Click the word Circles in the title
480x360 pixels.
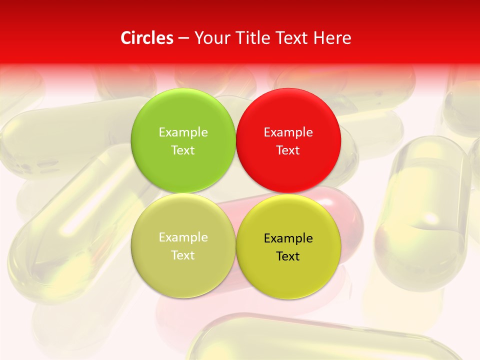click(146, 38)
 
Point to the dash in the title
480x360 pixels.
click(183, 38)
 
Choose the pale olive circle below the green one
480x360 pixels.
click(183, 272)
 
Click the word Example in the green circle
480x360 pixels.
click(183, 132)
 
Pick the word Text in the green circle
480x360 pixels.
click(183, 150)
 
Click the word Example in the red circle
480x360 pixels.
click(288, 132)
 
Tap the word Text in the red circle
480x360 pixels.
click(288, 150)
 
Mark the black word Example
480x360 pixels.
click(288, 238)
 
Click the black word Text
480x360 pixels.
click(288, 256)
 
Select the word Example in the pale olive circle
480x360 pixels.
click(183, 237)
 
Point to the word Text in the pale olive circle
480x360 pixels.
click(183, 255)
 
